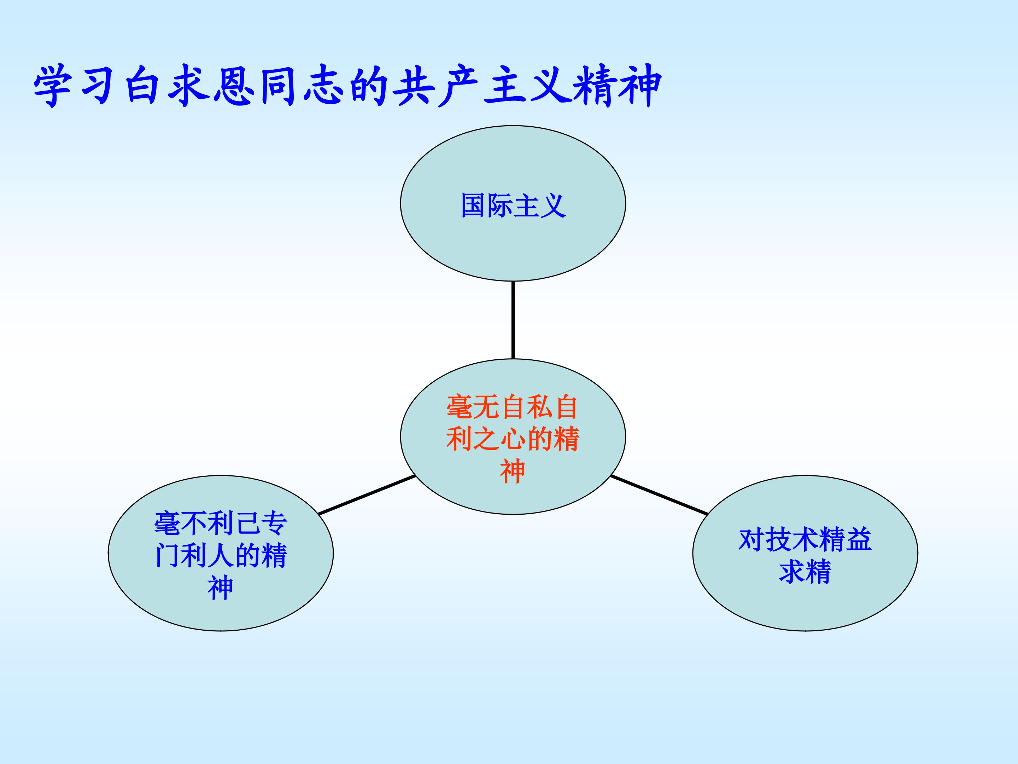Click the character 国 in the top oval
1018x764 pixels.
pyautogui.click(x=474, y=206)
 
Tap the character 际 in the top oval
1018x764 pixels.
pyautogui.click(x=500, y=206)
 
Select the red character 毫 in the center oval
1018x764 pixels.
pyautogui.click(x=459, y=407)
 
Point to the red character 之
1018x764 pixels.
pyautogui.click(x=486, y=439)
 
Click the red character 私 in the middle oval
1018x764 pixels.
pyautogui.click(x=540, y=407)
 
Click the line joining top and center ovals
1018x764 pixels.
pyautogui.click(x=513, y=320)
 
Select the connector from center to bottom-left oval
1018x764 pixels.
pyautogui.click(x=367, y=494)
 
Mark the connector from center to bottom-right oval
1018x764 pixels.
pyautogui.click(x=659, y=494)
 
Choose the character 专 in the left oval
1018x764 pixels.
pyautogui.click(x=274, y=523)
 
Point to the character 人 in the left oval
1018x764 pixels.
pyautogui.click(x=221, y=556)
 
